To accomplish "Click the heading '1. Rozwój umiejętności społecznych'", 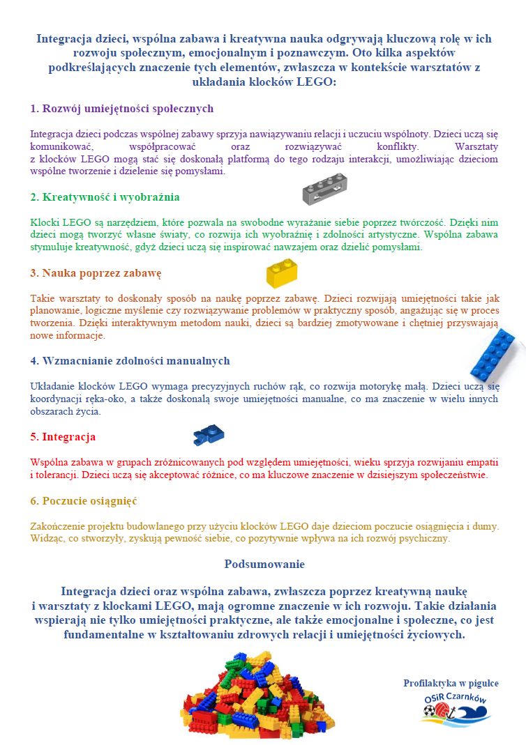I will (x=122, y=109).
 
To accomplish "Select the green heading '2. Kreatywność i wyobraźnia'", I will (x=105, y=197).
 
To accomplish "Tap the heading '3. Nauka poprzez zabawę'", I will (x=96, y=272).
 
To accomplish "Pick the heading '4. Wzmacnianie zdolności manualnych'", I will (x=130, y=360).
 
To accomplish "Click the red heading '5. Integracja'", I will (x=63, y=437).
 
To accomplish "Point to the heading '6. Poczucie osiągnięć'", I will (x=84, y=500).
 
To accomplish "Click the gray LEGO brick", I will (x=324, y=189).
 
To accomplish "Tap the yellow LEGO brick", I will (x=282, y=272).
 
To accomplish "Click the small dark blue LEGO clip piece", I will (x=208, y=434).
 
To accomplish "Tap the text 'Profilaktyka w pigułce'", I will (x=451, y=683).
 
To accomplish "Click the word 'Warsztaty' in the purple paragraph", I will (x=476, y=147).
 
